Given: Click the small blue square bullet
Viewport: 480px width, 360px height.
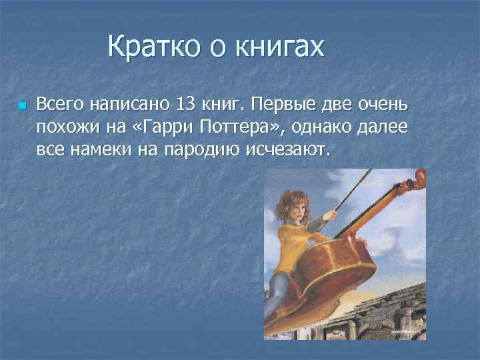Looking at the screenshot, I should click(x=22, y=106).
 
